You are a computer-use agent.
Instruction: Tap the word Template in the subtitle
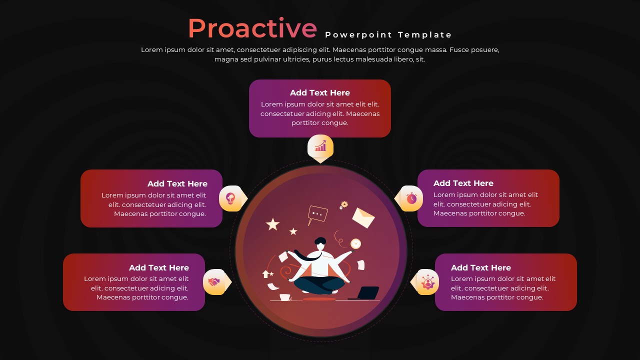424,35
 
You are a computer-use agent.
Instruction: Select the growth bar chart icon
320,145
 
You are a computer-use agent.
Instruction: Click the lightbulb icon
230,198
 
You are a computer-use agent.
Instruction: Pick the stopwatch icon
411,198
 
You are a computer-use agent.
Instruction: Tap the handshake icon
213,282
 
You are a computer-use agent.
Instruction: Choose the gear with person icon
427,282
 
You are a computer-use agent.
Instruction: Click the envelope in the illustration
363,217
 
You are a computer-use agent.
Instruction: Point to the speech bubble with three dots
317,215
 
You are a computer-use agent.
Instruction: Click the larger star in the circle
272,224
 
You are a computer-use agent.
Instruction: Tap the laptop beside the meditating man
364,293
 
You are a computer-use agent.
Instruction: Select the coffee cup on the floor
285,297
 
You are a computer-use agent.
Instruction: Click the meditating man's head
320,243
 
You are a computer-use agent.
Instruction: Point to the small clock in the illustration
355,243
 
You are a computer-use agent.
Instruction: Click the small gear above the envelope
344,204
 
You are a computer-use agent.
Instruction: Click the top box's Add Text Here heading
319,93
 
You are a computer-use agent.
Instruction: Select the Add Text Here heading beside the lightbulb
177,183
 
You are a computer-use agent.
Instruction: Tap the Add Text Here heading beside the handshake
159,267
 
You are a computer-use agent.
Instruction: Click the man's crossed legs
319,285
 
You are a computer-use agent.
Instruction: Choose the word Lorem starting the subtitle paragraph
152,49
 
